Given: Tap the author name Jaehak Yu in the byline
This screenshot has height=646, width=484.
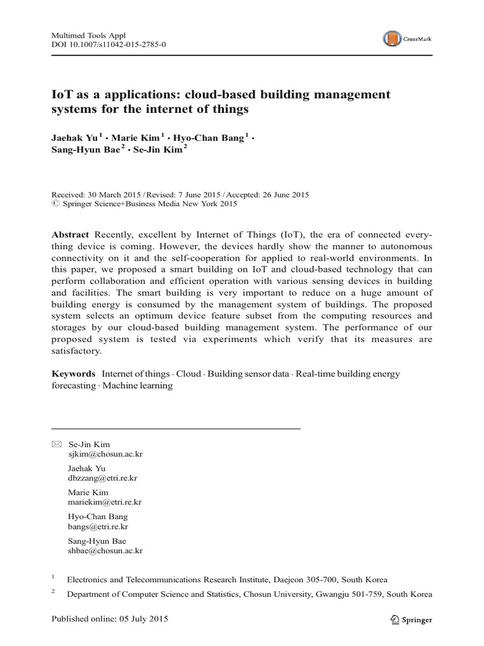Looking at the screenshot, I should [74, 138].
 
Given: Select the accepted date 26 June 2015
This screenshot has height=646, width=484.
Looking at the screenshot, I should [280, 195].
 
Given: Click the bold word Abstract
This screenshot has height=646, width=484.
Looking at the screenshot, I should [70, 234].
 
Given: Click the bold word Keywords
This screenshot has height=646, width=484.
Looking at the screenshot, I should [73, 374].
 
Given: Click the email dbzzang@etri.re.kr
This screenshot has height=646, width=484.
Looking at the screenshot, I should [102, 478].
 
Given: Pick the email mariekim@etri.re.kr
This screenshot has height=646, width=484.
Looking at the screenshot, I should [104, 502].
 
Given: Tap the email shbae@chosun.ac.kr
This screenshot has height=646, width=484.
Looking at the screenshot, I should [105, 550].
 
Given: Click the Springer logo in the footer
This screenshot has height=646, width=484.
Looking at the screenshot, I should [411, 620].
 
